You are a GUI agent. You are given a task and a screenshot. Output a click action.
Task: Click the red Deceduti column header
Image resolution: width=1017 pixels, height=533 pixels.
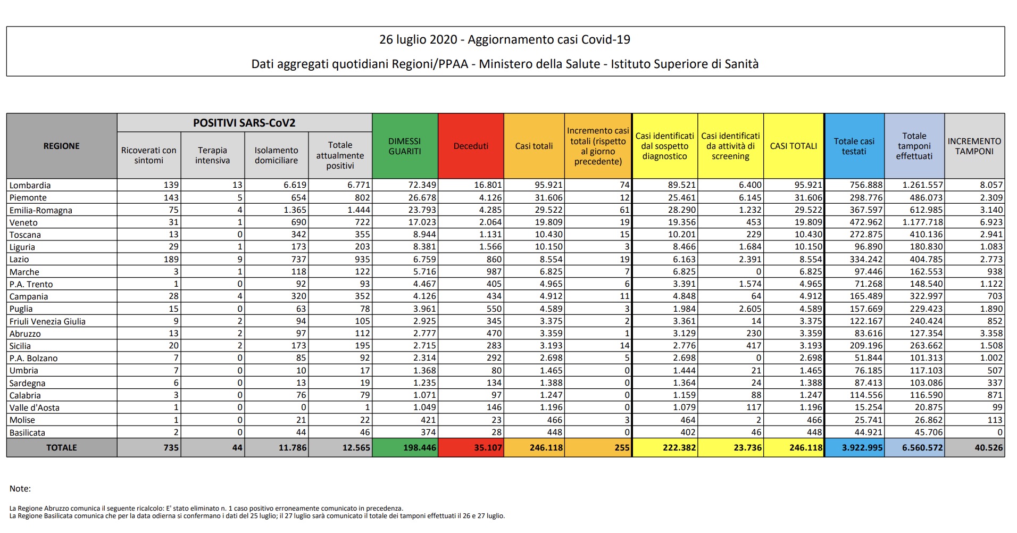(x=471, y=146)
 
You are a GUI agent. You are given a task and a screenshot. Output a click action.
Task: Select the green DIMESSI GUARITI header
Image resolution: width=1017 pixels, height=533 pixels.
(x=404, y=146)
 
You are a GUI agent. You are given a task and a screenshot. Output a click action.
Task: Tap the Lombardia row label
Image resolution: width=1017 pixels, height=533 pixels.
(x=30, y=185)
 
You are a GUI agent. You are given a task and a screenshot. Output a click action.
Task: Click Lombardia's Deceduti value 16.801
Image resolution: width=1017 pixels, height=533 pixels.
(x=488, y=185)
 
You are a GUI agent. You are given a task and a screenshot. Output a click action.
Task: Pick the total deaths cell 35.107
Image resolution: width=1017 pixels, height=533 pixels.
(x=488, y=448)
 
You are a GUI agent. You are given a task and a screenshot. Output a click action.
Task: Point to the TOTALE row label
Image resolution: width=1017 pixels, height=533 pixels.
(x=61, y=448)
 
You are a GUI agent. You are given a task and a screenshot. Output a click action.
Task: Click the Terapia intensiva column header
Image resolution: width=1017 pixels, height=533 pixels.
(x=212, y=155)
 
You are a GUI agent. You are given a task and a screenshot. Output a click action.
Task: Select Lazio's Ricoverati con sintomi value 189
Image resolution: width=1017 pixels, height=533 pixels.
(x=171, y=259)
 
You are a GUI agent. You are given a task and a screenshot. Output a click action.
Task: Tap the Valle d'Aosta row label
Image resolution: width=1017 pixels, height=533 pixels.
(x=35, y=407)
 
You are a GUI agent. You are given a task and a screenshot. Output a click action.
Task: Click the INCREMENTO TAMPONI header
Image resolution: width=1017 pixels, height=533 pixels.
(x=974, y=146)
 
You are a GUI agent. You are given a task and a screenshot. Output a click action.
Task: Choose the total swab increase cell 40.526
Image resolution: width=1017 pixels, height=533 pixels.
(x=988, y=448)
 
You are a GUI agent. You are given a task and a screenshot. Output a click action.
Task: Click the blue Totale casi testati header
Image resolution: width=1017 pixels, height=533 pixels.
(x=854, y=146)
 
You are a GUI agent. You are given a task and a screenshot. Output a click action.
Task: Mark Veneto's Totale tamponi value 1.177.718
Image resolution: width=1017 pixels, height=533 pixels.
(x=922, y=222)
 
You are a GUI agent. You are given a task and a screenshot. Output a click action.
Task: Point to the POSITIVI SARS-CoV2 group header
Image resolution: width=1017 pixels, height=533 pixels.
(x=244, y=123)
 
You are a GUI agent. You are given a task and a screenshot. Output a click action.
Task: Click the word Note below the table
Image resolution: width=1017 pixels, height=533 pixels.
(x=20, y=488)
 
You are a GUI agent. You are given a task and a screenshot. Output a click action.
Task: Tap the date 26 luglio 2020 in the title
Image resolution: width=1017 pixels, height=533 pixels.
(x=418, y=40)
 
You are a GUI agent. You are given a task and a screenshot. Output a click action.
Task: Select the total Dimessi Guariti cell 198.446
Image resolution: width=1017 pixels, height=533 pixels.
(x=419, y=448)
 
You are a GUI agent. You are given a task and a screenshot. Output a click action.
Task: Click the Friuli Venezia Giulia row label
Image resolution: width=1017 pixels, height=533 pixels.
(x=47, y=321)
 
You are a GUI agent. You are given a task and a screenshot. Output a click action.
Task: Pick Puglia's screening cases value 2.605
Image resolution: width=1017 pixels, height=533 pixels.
(x=750, y=309)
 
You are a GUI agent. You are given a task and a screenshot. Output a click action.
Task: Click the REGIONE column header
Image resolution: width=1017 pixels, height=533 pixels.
(x=61, y=146)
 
